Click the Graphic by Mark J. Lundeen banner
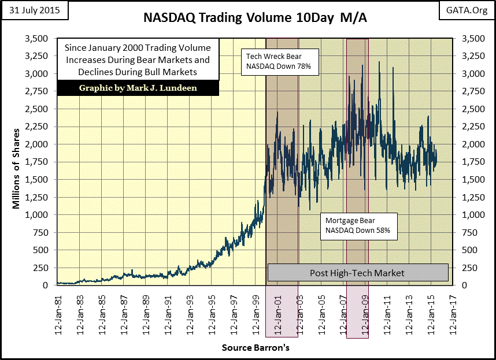138,87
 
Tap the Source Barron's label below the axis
255,348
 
